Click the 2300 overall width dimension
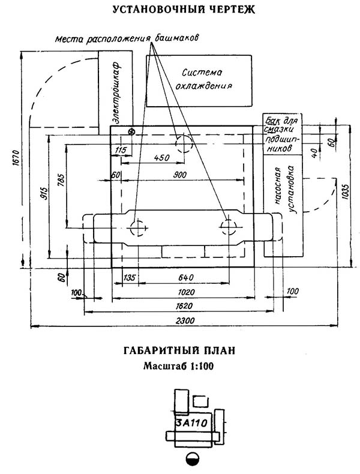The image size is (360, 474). pyautogui.click(x=185, y=320)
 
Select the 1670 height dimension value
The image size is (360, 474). pyautogui.click(x=17, y=157)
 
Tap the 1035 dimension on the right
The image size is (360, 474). pyautogui.click(x=346, y=191)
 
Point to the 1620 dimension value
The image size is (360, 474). pyautogui.click(x=184, y=305)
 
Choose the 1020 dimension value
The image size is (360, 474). pyautogui.click(x=186, y=292)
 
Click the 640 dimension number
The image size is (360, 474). pyautogui.click(x=185, y=277)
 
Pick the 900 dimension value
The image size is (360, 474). pyautogui.click(x=179, y=175)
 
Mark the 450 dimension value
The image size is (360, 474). pyautogui.click(x=162, y=157)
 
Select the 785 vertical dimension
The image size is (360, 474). pyautogui.click(x=61, y=181)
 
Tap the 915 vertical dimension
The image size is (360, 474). pyautogui.click(x=44, y=193)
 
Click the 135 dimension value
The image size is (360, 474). pyautogui.click(x=130, y=277)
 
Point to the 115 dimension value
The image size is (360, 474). pyautogui.click(x=121, y=149)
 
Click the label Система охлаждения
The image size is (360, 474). pyautogui.click(x=203, y=79)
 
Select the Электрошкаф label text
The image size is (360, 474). pyautogui.click(x=116, y=92)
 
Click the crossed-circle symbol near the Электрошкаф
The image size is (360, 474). pyautogui.click(x=131, y=132)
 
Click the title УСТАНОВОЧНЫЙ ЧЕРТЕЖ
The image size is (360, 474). pyautogui.click(x=184, y=10)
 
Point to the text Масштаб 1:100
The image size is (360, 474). pyautogui.click(x=178, y=366)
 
